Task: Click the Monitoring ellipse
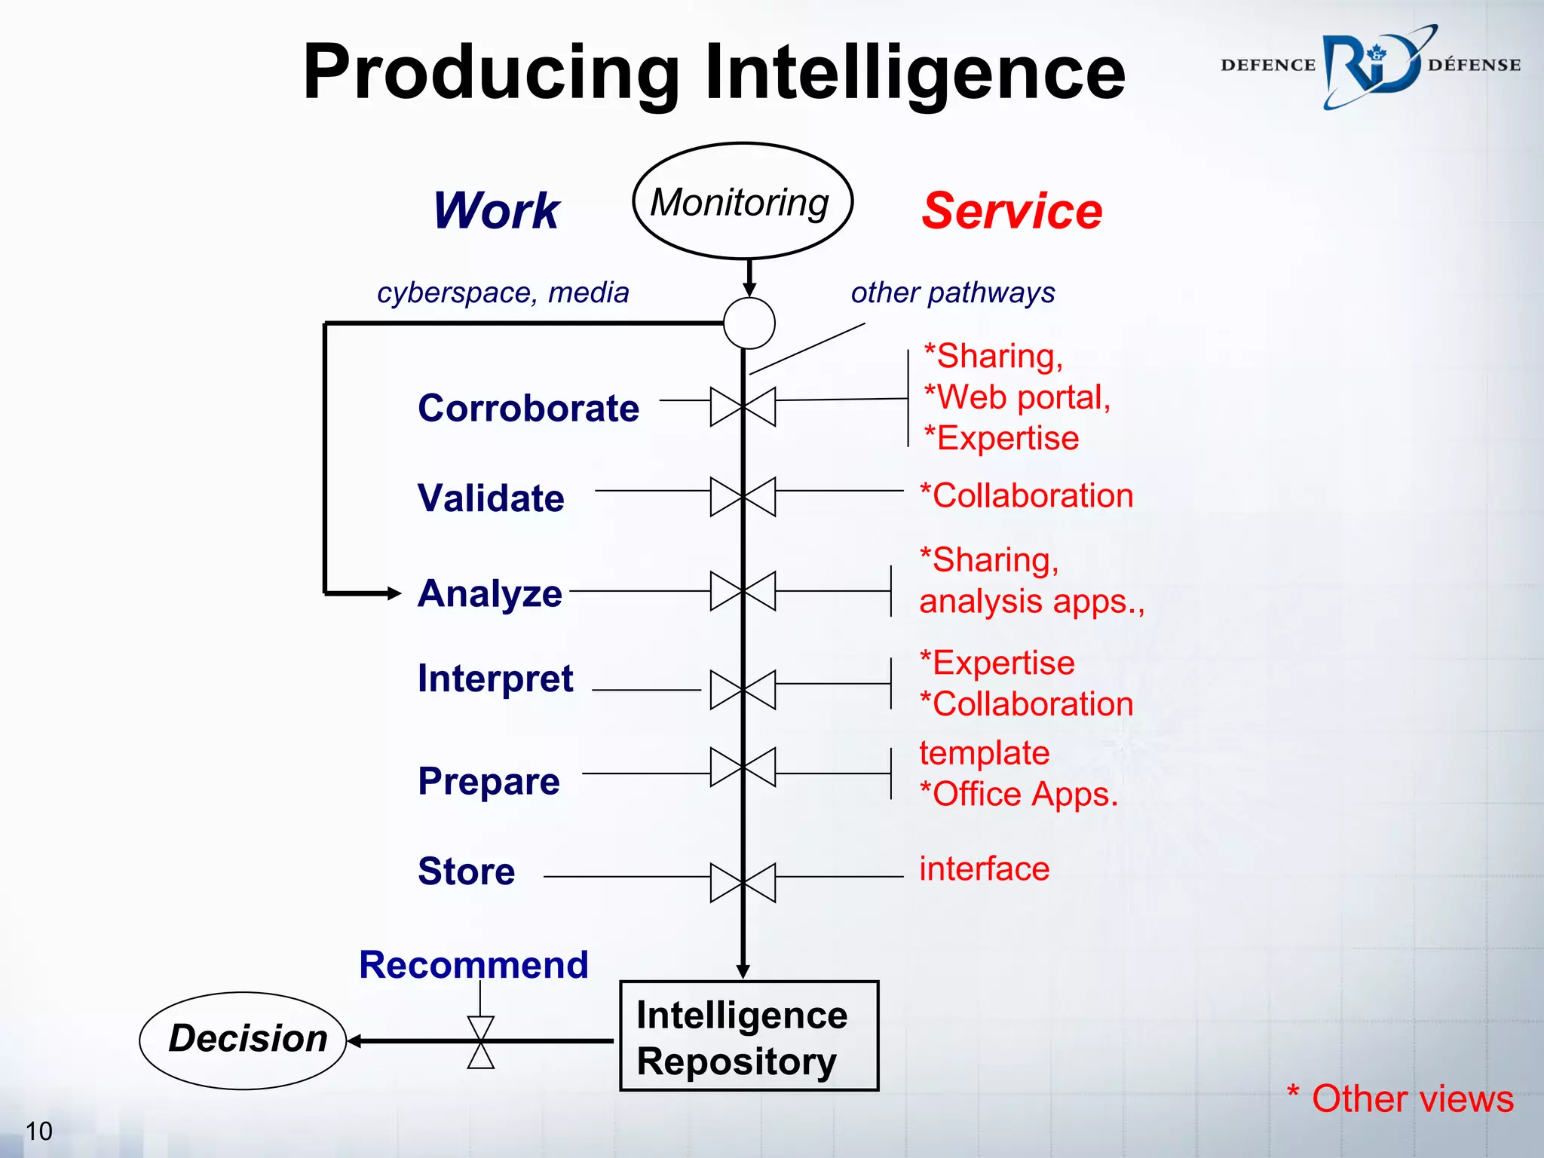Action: (743, 201)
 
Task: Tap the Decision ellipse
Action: (244, 1040)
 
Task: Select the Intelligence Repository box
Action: (749, 1036)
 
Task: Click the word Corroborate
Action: (528, 408)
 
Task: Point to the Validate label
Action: (491, 498)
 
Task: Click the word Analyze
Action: (490, 593)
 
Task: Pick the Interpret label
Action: (495, 678)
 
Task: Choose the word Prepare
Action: (489, 780)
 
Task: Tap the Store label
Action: (467, 872)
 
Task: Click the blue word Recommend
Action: (473, 964)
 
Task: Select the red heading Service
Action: (1012, 210)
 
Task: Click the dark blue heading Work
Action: (496, 210)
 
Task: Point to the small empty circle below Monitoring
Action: (749, 323)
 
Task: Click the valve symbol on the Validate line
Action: (743, 497)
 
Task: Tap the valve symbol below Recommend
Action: (481, 1042)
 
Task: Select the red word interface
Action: (984, 868)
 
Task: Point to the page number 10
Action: (39, 1131)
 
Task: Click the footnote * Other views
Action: (1400, 1098)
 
